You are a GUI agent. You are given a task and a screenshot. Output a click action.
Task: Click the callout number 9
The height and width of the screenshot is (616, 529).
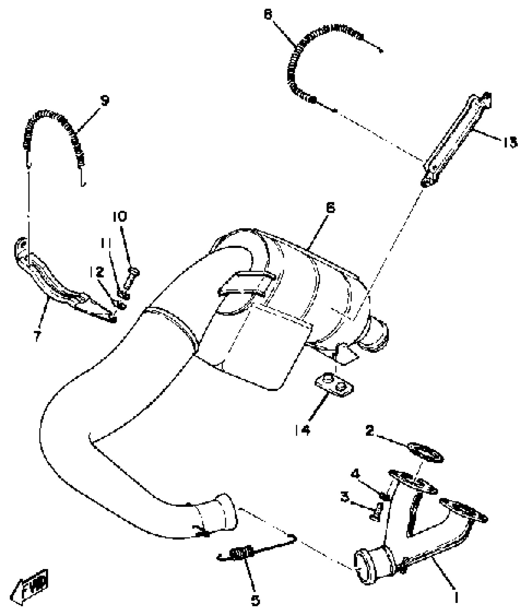pos(105,100)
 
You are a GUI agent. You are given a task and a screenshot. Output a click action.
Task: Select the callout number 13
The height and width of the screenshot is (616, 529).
pos(509,142)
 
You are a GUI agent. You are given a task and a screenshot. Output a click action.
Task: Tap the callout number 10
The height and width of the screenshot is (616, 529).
pos(120,217)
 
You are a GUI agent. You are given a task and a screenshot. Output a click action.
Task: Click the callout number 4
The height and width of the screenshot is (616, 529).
pos(355,474)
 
